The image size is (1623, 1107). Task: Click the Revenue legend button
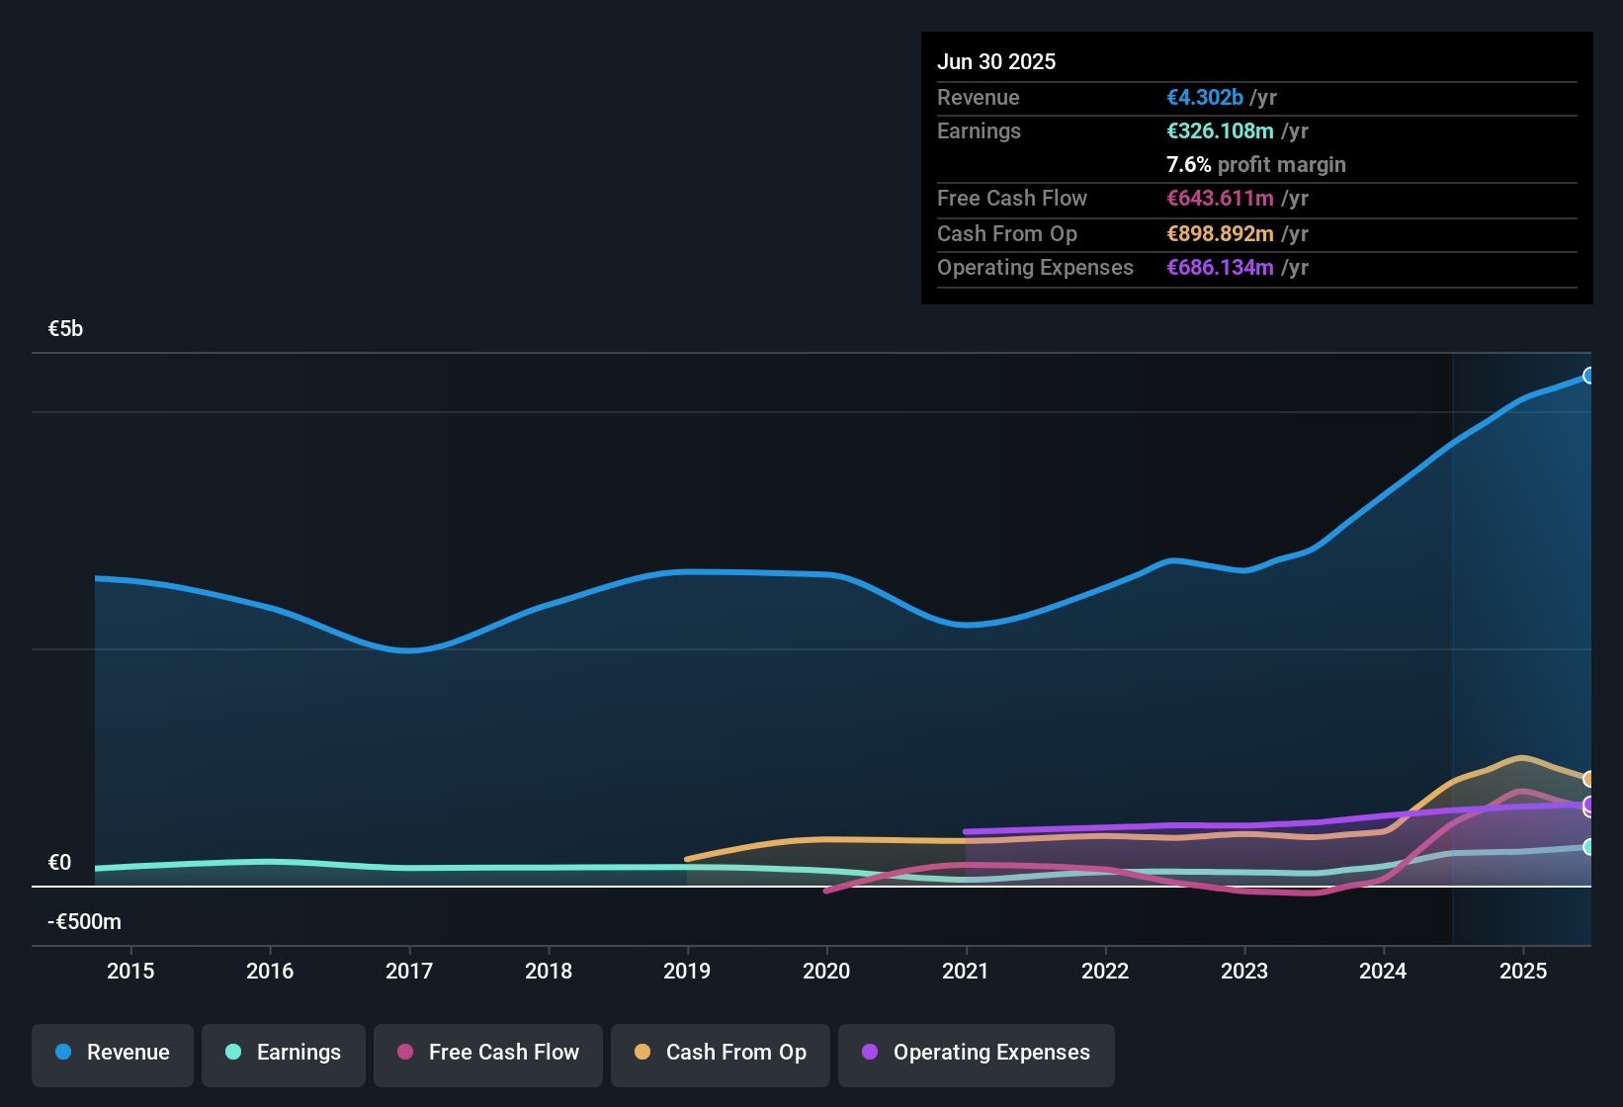(113, 1053)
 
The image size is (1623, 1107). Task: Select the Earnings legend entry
(284, 1053)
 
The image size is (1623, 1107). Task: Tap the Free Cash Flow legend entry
(488, 1053)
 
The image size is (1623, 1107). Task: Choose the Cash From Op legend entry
(721, 1053)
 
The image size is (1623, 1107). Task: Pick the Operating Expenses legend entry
(977, 1053)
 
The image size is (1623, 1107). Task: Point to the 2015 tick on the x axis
(130, 971)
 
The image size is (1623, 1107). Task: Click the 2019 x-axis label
(687, 971)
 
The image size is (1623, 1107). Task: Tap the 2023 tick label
(1244, 971)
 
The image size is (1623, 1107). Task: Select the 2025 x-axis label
(1523, 971)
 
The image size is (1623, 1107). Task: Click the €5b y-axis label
(65, 329)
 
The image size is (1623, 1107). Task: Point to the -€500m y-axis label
(84, 922)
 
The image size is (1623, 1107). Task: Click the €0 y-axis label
(59, 863)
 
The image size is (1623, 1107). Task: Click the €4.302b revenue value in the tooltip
(1205, 98)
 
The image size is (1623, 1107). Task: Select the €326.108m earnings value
(1220, 131)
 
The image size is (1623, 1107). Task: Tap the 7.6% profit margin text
(1255, 165)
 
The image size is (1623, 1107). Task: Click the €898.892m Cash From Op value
(1220, 234)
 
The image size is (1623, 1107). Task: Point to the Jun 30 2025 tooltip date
(996, 62)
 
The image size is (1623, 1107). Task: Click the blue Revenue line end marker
(1589, 376)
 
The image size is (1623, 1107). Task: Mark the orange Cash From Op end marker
(1589, 779)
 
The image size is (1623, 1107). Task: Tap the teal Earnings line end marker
(1589, 847)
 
